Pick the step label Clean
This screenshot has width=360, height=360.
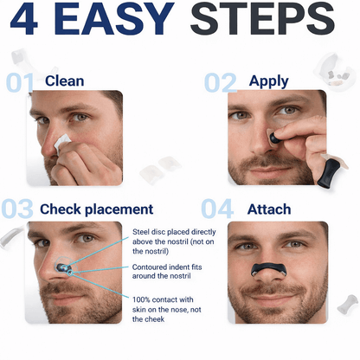65,81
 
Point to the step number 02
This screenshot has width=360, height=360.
222,82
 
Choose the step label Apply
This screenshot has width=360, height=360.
268,81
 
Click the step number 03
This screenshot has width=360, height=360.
19,209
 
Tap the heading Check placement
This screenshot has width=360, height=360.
96,209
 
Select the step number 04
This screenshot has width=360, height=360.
217,209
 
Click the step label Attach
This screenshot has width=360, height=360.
268,209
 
